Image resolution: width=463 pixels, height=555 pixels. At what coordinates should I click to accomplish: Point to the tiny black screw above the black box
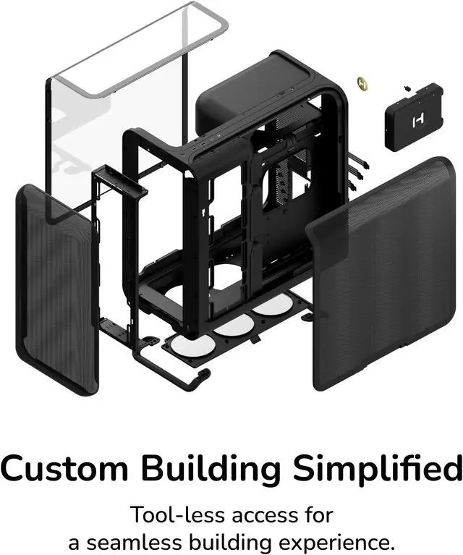tap(408, 89)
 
